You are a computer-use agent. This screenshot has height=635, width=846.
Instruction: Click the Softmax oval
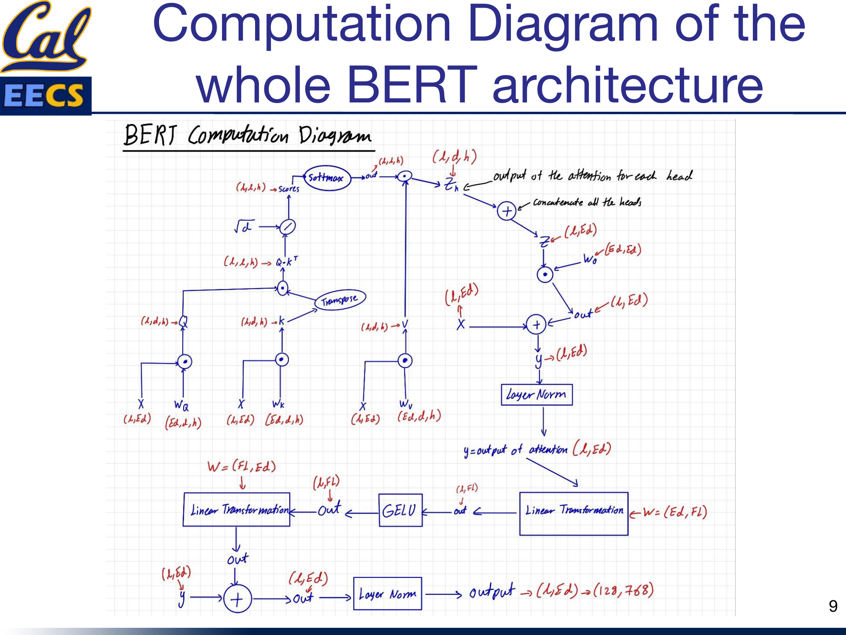pyautogui.click(x=327, y=178)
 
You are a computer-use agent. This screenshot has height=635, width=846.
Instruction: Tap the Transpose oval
pyautogui.click(x=340, y=300)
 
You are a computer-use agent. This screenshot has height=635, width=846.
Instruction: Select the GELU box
pyautogui.click(x=400, y=510)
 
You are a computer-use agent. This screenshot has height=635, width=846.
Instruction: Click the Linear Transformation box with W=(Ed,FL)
pyautogui.click(x=574, y=513)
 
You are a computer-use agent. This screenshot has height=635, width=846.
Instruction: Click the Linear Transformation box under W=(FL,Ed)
pyautogui.click(x=236, y=509)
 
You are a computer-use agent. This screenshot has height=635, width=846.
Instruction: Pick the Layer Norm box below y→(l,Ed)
pyautogui.click(x=536, y=395)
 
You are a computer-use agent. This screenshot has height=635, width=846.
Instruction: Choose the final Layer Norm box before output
pyautogui.click(x=387, y=594)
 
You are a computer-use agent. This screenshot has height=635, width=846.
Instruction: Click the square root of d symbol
pyautogui.click(x=244, y=226)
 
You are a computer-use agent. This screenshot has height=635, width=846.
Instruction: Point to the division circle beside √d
pyautogui.click(x=288, y=227)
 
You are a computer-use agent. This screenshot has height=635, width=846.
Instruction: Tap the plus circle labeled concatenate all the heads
pyautogui.click(x=506, y=211)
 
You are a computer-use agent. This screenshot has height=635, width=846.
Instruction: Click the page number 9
pyautogui.click(x=833, y=606)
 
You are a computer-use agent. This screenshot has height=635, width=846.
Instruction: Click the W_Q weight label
pyautogui.click(x=181, y=405)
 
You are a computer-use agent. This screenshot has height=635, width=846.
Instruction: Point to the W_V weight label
pyautogui.click(x=405, y=404)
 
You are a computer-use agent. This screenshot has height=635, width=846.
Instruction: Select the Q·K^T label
pyautogui.click(x=286, y=262)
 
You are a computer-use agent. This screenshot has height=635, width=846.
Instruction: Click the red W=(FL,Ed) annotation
pyautogui.click(x=242, y=467)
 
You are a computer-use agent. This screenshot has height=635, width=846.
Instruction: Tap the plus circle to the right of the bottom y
pyautogui.click(x=237, y=599)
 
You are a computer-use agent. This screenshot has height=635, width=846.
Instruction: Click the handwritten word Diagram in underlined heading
pyautogui.click(x=335, y=135)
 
